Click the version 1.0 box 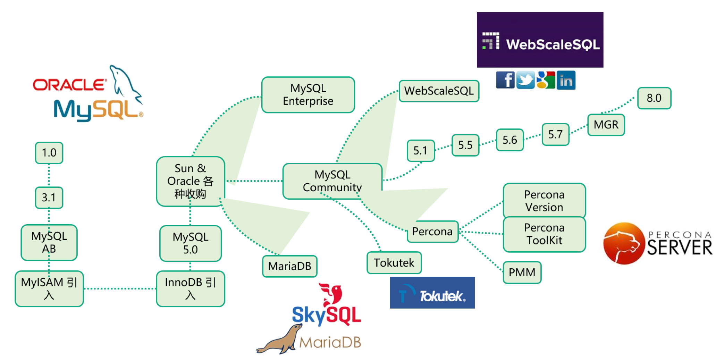point(49,153)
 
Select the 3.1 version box point(49,198)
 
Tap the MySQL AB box point(49,242)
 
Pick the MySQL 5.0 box point(191,243)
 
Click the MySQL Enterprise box point(308,95)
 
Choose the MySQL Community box point(332,181)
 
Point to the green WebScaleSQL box point(439,91)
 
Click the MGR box point(606,125)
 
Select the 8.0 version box point(654,98)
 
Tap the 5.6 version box point(509,140)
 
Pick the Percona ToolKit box point(544,234)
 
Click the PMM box point(522,273)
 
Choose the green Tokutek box point(394,263)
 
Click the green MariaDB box point(289,266)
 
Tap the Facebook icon point(505,80)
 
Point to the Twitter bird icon point(525,80)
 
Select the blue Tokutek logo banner point(432,293)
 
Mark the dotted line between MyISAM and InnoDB point(120,288)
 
